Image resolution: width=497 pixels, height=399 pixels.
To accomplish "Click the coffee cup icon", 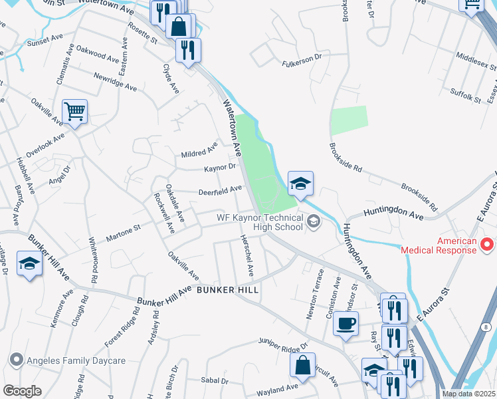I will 345,325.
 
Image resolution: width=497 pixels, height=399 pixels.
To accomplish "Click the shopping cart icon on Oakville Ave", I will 75,111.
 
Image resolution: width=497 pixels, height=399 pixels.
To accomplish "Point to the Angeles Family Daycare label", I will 75,361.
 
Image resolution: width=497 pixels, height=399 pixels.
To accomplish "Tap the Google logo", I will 22,391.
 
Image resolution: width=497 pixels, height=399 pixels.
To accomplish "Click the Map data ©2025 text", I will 468,394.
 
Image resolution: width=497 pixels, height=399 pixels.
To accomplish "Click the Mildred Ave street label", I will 199,150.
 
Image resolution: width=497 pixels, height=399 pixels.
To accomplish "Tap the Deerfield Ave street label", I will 219,191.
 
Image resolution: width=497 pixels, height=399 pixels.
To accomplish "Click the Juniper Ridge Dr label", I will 283,344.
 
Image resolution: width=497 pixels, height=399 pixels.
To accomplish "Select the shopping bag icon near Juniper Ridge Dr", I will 302,365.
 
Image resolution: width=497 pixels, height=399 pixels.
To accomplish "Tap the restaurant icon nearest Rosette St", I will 189,50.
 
